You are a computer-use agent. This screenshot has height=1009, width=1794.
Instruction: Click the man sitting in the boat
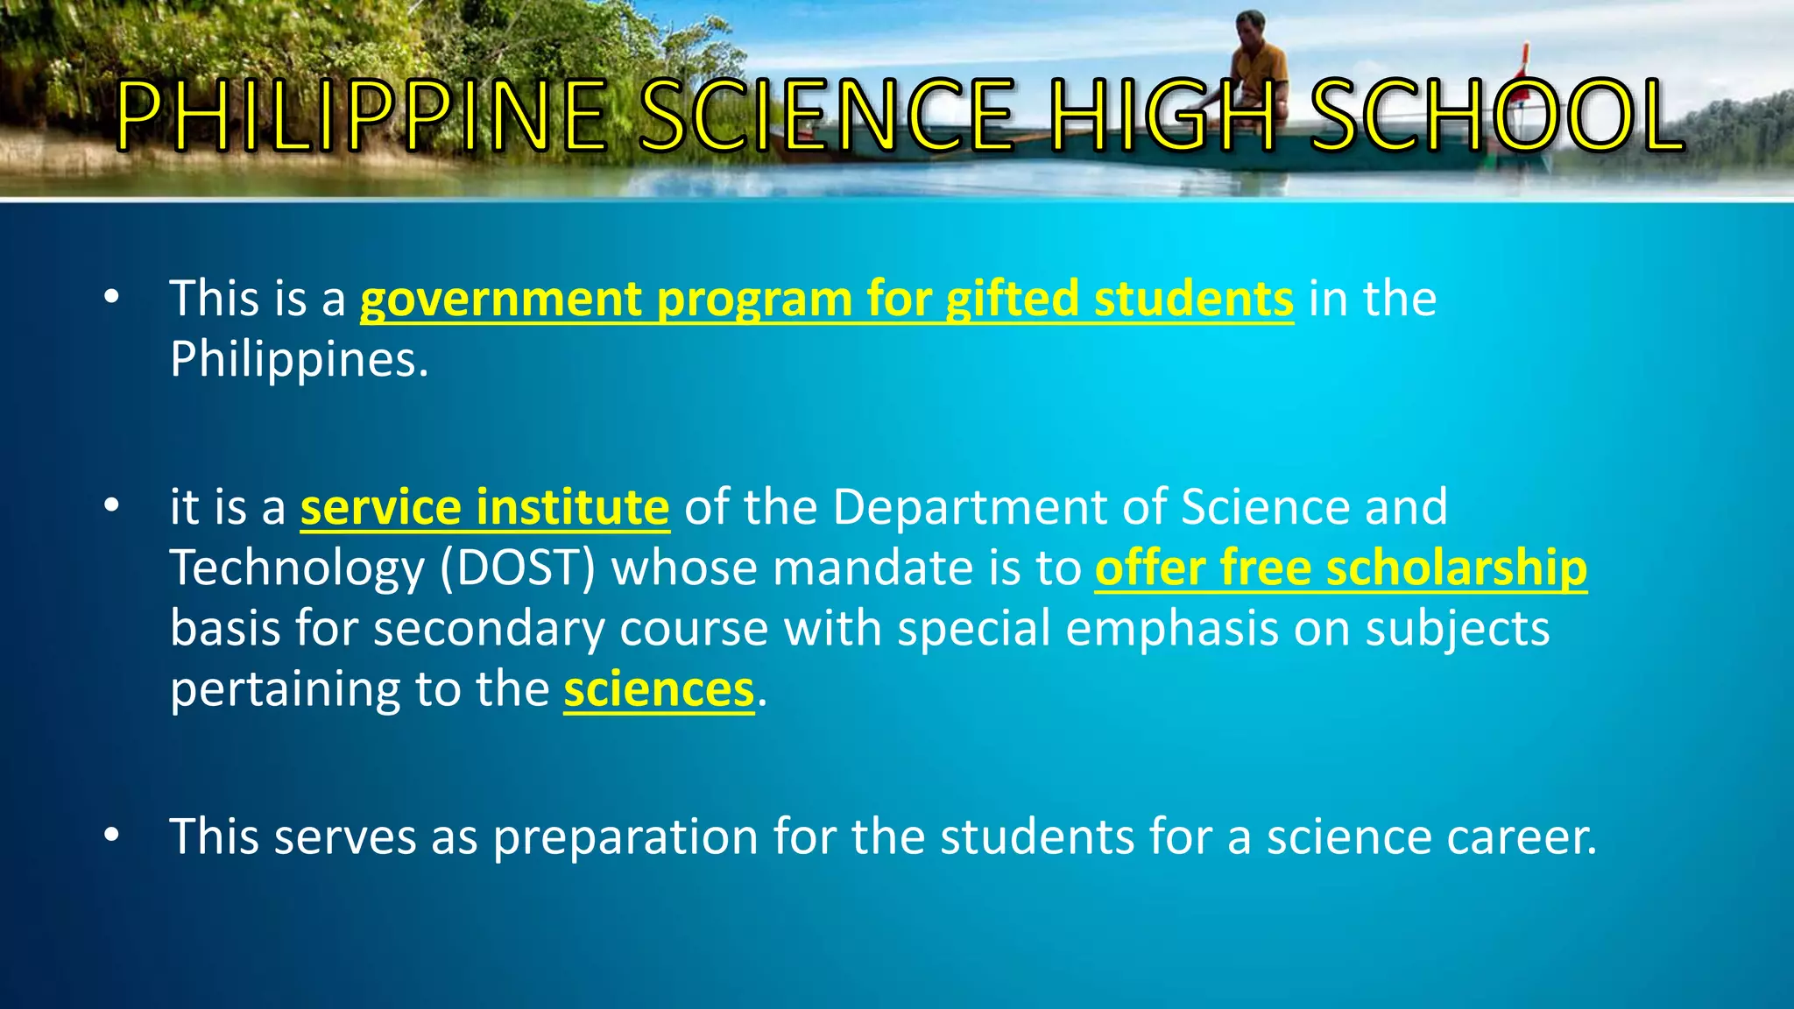(1259, 61)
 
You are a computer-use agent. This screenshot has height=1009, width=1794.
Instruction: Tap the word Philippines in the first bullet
(299, 359)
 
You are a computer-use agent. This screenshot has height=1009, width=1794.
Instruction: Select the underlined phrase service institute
(484, 508)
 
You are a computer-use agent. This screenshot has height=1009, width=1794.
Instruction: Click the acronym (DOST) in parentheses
(518, 568)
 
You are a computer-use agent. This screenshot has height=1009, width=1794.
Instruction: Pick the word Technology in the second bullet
(297, 568)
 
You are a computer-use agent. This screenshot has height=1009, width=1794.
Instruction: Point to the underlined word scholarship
(1456, 568)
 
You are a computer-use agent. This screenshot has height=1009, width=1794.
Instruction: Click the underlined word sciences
(659, 690)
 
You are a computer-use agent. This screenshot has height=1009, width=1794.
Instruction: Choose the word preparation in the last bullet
(625, 837)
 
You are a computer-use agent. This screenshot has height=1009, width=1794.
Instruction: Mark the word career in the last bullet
(1522, 837)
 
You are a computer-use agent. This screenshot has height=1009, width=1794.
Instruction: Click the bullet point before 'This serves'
(110, 836)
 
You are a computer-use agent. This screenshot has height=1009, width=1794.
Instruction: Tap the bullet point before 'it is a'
(110, 506)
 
